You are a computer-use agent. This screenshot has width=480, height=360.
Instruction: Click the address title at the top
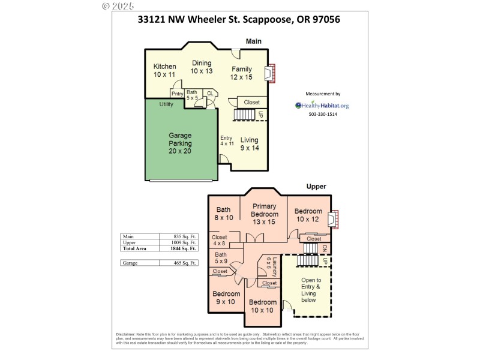pyautogui.click(x=239, y=19)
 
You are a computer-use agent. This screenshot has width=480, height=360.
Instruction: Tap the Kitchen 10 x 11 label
pyautogui.click(x=164, y=71)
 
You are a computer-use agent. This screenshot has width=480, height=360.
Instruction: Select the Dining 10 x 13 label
pyautogui.click(x=202, y=67)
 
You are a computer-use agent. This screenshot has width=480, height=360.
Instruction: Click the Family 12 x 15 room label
pyautogui.click(x=242, y=73)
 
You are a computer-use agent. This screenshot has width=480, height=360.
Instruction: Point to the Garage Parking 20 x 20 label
pyautogui.click(x=180, y=143)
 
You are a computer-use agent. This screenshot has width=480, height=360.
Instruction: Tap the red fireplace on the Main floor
pyautogui.click(x=271, y=74)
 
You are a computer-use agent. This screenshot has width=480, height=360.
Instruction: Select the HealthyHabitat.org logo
pyautogui.click(x=322, y=106)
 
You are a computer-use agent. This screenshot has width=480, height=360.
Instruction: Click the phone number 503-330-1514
pyautogui.click(x=323, y=115)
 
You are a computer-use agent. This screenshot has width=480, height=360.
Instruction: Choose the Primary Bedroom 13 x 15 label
pyautogui.click(x=264, y=214)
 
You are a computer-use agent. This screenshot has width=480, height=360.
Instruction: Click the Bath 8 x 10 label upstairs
pyautogui.click(x=224, y=214)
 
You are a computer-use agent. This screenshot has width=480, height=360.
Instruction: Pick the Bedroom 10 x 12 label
pyautogui.click(x=308, y=215)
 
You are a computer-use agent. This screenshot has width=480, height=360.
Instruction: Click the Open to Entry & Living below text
pyautogui.click(x=310, y=290)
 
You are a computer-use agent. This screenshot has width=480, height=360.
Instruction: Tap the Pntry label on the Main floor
pyautogui.click(x=177, y=93)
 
